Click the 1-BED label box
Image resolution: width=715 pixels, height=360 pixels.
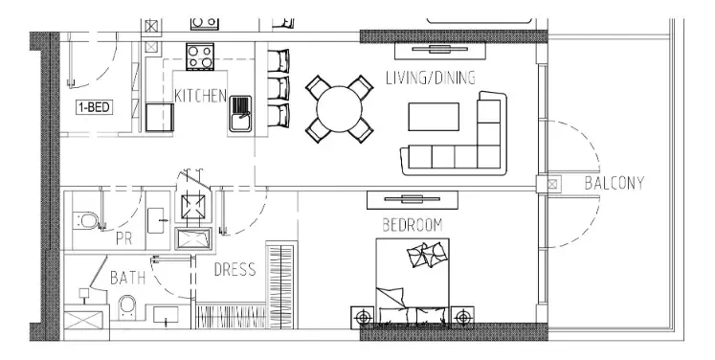[x=94, y=107]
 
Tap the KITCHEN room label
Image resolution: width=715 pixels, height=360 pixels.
[x=200, y=96]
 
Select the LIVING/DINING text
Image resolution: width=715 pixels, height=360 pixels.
[x=431, y=78]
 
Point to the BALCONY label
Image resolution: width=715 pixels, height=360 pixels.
[x=614, y=183]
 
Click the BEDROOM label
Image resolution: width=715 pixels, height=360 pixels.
[x=413, y=225]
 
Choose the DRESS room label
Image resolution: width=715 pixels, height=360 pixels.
[x=235, y=270]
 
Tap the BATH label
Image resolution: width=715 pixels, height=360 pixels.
[x=127, y=278]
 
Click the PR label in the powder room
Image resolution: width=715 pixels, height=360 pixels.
[x=124, y=238]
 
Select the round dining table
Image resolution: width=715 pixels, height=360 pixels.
[x=339, y=109]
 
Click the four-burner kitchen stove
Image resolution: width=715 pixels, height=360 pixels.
[x=200, y=56]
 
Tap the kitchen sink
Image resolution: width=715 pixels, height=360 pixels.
[x=240, y=114]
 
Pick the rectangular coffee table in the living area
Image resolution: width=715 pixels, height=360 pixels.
[x=434, y=117]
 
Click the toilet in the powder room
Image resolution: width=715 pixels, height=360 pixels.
[x=85, y=221]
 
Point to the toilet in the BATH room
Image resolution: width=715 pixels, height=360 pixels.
[x=126, y=307]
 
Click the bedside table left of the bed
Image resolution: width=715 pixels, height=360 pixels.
[x=363, y=317]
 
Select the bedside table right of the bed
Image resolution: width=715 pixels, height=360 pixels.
[x=462, y=317]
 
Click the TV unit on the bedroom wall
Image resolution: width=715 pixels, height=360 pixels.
[x=413, y=199]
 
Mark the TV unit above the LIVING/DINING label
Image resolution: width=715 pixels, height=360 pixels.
[x=439, y=50]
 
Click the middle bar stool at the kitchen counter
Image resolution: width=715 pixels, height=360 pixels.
[x=279, y=88]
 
